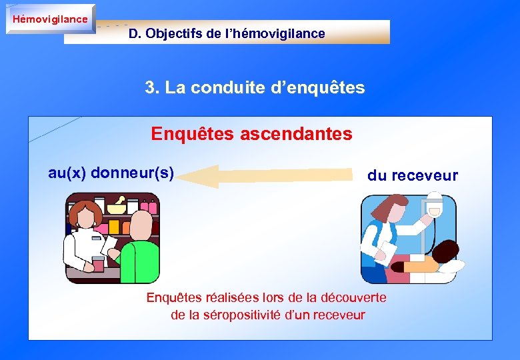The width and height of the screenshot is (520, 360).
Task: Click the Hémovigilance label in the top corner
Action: click(x=50, y=19)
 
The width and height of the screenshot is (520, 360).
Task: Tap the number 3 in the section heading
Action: click(x=150, y=87)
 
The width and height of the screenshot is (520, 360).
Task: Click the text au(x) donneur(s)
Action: click(x=111, y=173)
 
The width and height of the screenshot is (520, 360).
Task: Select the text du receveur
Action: click(x=413, y=175)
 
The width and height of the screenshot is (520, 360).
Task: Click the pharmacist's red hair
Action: click(x=85, y=215)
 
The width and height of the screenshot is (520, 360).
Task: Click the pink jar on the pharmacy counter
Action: click(x=98, y=263)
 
